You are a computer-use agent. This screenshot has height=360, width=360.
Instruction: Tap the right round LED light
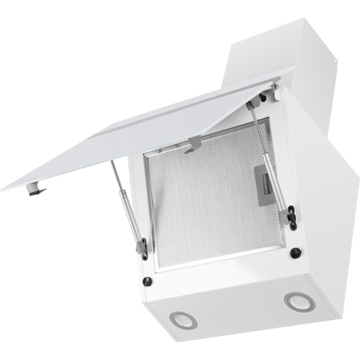(294, 301)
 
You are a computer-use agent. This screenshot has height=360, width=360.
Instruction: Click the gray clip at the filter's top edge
(192, 144)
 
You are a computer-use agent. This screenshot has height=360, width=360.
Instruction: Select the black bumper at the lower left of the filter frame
(147, 281)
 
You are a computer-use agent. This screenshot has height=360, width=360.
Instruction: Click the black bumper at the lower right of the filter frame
(295, 253)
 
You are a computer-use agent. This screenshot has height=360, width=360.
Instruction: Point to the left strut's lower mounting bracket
(143, 248)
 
